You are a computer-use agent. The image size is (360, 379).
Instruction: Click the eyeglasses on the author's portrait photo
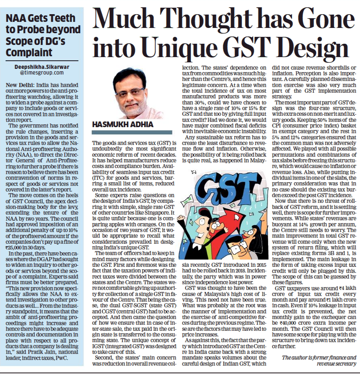coord(130,91)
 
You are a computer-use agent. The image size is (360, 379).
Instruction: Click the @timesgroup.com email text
coord(42,73)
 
